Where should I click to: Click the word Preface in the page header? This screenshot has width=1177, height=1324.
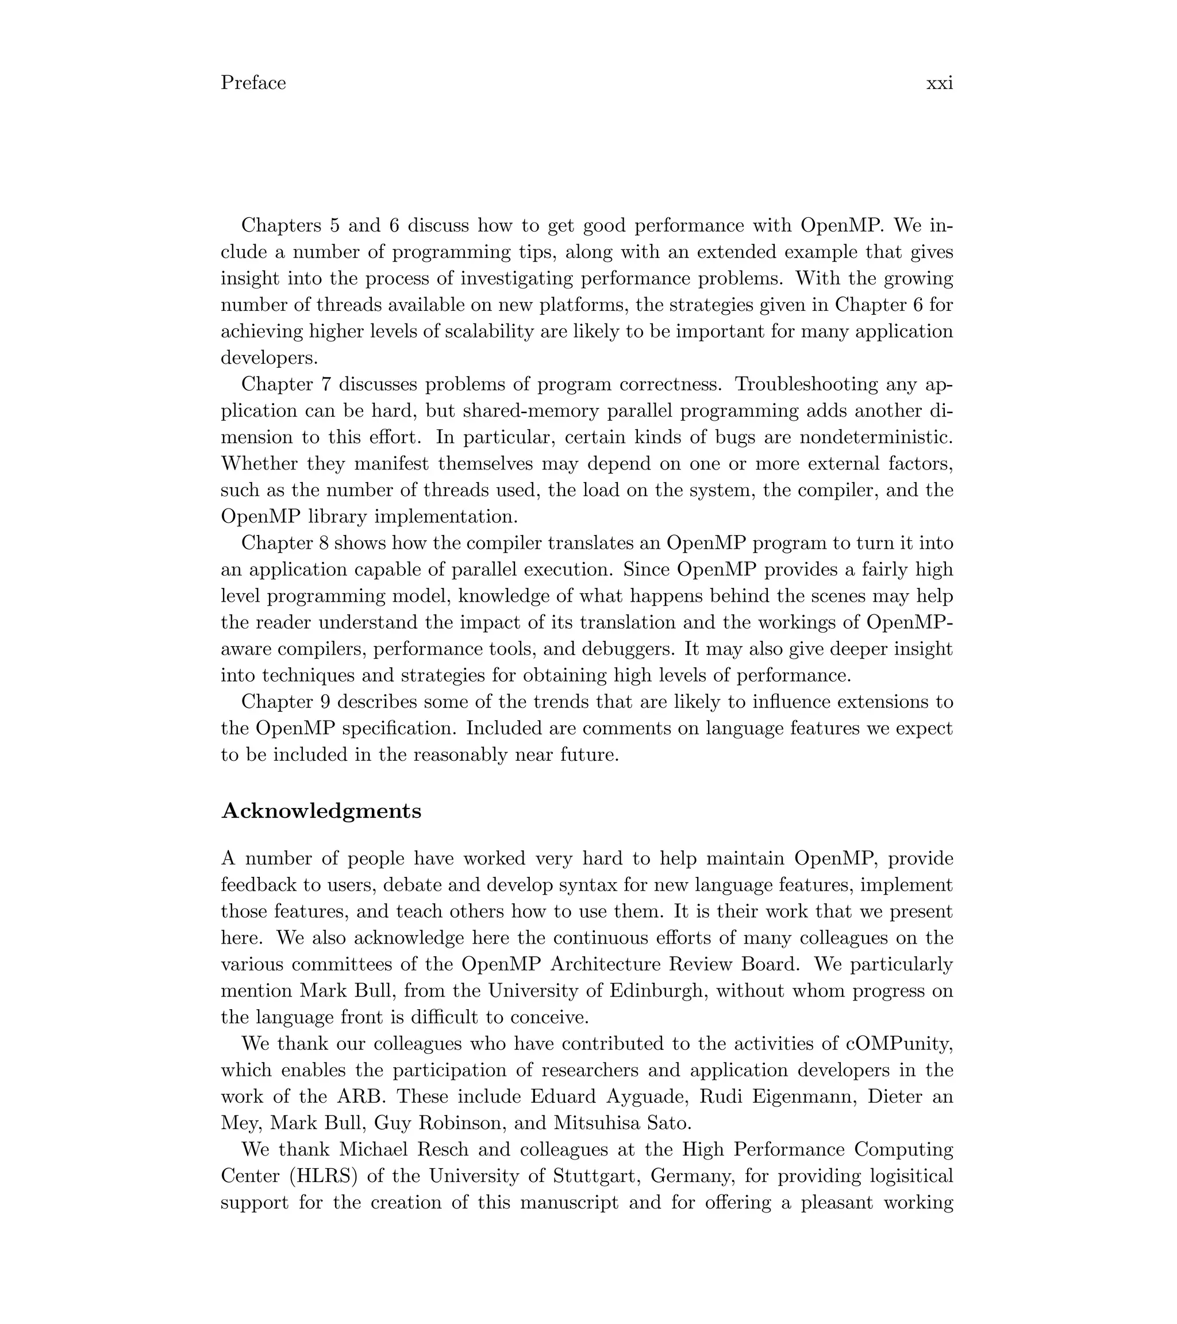coord(253,83)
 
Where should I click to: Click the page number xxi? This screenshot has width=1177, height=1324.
coord(938,83)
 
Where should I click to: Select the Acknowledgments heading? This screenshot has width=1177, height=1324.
coord(321,811)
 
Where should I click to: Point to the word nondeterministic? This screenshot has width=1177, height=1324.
coord(876,437)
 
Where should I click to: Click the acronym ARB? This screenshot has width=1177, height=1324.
coord(361,1097)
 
